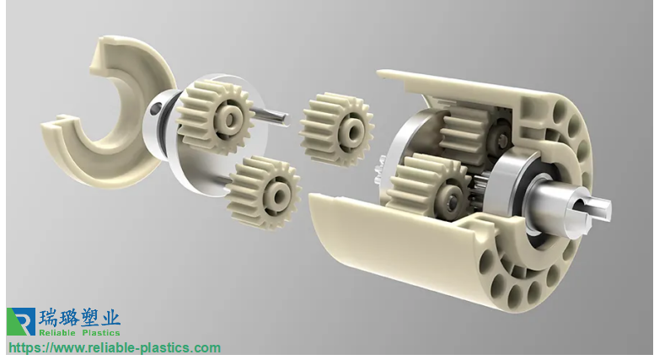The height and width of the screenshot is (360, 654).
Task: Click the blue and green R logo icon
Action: pyautogui.click(x=21, y=321)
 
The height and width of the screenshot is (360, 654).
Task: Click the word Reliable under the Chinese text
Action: pyautogui.click(x=57, y=332)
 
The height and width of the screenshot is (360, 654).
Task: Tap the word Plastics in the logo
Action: pyautogui.click(x=101, y=332)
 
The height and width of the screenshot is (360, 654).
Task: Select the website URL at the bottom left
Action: pyautogui.click(x=115, y=348)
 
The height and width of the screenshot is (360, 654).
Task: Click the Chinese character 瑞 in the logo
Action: pyautogui.click(x=48, y=318)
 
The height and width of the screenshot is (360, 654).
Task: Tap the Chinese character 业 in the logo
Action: pyautogui.click(x=111, y=318)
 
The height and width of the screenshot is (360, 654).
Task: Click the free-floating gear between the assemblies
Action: pyautogui.click(x=336, y=129)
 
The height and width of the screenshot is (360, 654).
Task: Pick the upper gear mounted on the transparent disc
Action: pyautogui.click(x=215, y=117)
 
